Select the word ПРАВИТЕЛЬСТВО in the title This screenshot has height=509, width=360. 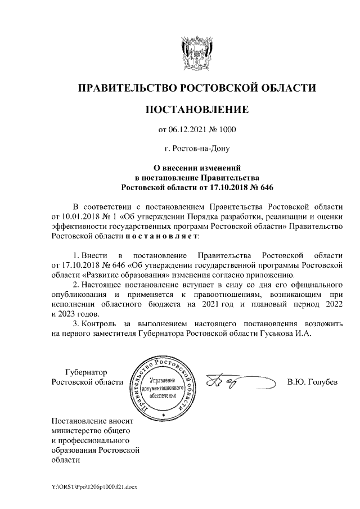point(125,88)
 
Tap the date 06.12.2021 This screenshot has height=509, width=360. point(188,130)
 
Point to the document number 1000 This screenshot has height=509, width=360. point(227,130)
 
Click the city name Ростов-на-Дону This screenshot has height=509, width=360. point(196,149)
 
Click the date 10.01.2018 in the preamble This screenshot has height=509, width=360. point(79,217)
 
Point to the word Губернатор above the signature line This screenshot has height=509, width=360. point(86,372)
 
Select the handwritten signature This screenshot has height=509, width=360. point(225,382)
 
